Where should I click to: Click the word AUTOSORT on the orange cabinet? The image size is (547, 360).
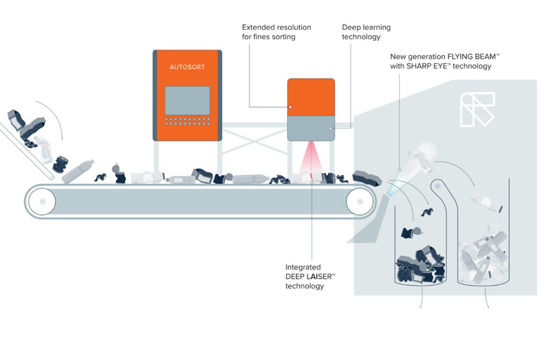coord(187,67)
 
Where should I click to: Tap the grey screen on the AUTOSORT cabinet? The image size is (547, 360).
coord(187,100)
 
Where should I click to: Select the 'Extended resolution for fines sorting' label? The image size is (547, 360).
coord(276,32)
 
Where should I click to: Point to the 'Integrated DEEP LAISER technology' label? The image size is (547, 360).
coord(310,276)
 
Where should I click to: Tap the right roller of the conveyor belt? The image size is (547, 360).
coord(360,202)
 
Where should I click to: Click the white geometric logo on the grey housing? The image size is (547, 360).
coord(477,109)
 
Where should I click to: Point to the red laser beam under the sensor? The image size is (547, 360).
coord(311,161)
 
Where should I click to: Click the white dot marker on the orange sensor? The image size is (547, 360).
coord(291,107)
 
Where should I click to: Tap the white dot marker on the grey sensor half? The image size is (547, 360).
coord(331,128)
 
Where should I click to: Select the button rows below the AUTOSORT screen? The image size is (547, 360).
coord(187,122)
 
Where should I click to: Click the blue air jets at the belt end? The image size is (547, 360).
coord(391,185)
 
